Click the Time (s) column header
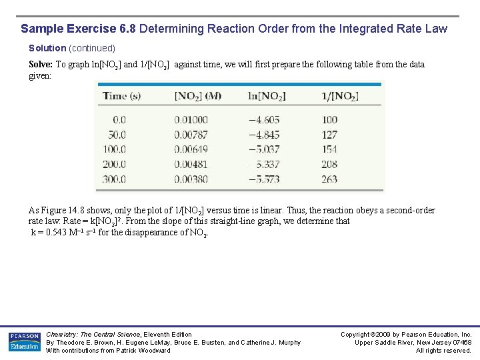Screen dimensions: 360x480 pos(121,96)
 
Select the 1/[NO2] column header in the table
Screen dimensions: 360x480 pos(339,96)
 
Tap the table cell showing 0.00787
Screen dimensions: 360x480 pos(191,135)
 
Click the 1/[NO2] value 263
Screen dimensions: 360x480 pos(329,179)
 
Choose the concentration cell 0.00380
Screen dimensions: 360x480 pos(191,179)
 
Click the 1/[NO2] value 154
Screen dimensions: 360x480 pos(329,149)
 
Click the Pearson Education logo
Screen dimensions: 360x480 pos(25,341)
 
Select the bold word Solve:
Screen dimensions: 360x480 pos(41,65)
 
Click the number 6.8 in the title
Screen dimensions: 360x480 pos(127,29)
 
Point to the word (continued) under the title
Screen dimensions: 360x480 pos(92,48)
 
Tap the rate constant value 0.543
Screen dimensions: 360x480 pos(54,233)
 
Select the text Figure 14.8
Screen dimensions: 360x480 pos(65,211)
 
